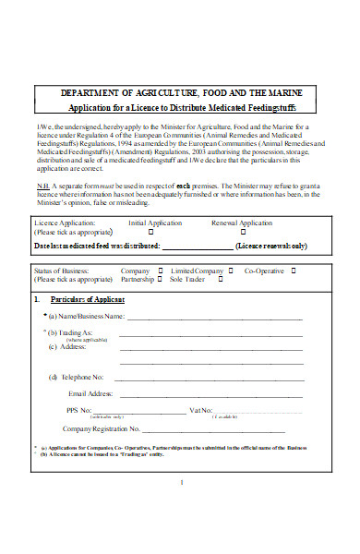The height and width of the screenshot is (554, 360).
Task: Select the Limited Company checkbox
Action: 232,270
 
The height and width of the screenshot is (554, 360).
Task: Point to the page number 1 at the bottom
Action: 182,481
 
